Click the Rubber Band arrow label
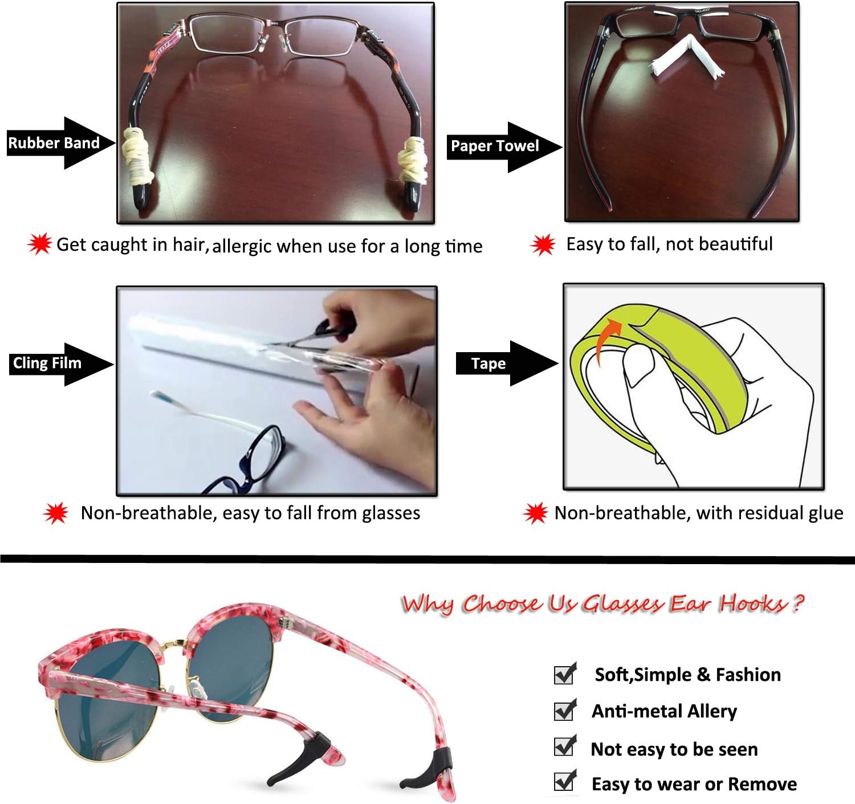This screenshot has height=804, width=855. pyautogui.click(x=54, y=143)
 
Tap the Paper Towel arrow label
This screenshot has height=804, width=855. pyautogui.click(x=495, y=146)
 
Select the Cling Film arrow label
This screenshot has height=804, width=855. pyautogui.click(x=47, y=364)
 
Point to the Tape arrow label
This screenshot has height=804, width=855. pyautogui.click(x=488, y=364)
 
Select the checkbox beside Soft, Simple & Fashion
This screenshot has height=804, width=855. pyautogui.click(x=565, y=674)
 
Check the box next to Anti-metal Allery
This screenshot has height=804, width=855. pyautogui.click(x=565, y=711)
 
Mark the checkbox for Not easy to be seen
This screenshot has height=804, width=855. pyautogui.click(x=565, y=746)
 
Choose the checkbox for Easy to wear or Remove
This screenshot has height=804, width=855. pyautogui.click(x=565, y=782)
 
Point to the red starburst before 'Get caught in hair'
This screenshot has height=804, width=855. pyautogui.click(x=39, y=244)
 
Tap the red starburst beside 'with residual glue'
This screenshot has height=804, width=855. pyautogui.click(x=535, y=513)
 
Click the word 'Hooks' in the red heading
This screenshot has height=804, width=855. pyautogui.click(x=752, y=603)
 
